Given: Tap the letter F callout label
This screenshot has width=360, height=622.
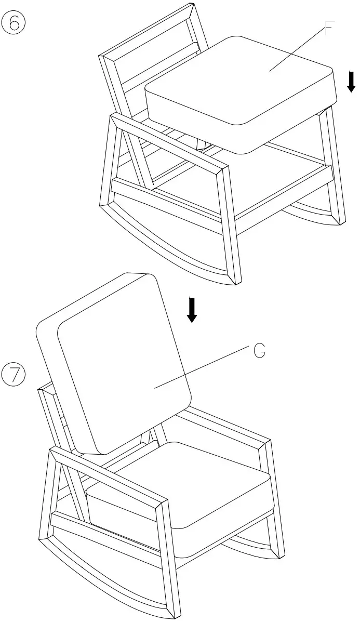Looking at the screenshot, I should point(329,29).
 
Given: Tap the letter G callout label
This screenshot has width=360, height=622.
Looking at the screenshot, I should point(260,351).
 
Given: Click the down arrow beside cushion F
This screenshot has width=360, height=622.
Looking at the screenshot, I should point(351,82).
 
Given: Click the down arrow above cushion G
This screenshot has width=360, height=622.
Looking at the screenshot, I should point(192,310).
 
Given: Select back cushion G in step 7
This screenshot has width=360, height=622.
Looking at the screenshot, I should point(119,364).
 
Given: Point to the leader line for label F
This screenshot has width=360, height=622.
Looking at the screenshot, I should point(296,49).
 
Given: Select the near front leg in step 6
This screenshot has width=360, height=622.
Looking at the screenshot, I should point(232,223).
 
